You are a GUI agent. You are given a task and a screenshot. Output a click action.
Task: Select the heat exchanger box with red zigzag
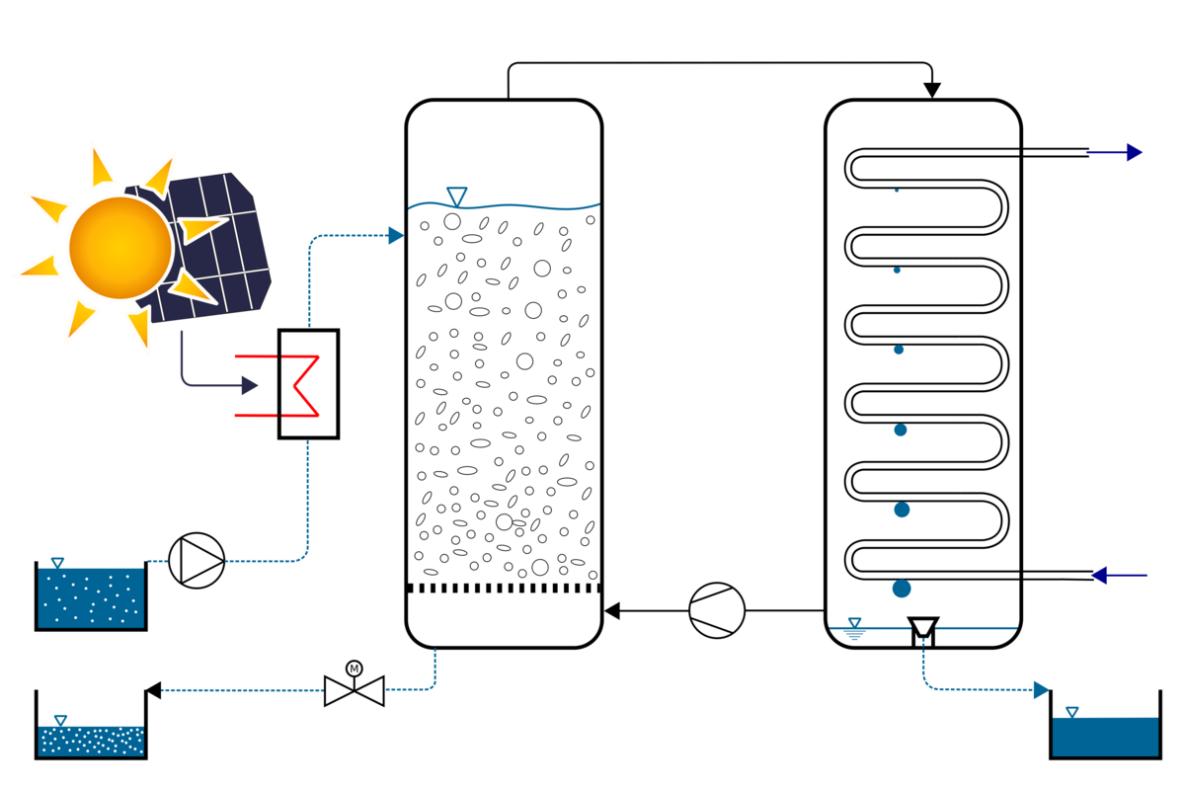[308, 383]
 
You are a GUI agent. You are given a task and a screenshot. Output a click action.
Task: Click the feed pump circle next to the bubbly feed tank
[197, 561]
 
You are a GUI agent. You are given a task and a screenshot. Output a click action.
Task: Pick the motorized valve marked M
[354, 690]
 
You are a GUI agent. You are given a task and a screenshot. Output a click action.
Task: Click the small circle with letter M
[354, 670]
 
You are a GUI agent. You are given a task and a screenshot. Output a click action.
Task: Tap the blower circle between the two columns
[717, 610]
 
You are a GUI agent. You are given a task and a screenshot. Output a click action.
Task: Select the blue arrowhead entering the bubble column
[396, 236]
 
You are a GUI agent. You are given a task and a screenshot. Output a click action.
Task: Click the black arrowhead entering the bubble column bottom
[612, 610]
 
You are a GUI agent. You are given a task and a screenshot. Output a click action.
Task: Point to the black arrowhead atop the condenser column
[931, 91]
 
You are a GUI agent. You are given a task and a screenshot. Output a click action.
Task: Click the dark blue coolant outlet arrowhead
[1135, 153]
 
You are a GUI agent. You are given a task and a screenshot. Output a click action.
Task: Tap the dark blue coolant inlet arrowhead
[1100, 576]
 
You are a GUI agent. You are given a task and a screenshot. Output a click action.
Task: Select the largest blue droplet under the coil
[902, 589]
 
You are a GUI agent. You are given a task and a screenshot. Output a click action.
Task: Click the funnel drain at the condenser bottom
[922, 628]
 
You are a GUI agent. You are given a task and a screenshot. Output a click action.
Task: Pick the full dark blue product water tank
[1104, 737]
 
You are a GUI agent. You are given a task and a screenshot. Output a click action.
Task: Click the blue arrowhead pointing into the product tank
[1041, 690]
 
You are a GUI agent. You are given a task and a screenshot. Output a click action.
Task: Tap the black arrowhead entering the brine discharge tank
[153, 690]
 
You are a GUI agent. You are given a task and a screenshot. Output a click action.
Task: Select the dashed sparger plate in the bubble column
[504, 588]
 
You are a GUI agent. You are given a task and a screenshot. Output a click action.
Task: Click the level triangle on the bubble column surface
[456, 197]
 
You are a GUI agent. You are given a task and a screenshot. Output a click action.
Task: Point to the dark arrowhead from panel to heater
[250, 385]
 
